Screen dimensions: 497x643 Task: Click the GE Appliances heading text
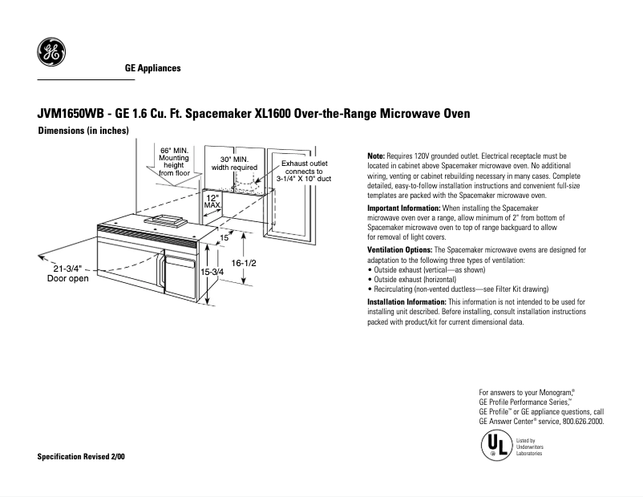pos(152,68)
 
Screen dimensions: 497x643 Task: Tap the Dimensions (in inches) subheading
pos(84,131)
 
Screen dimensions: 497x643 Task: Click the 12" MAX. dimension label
pos(212,201)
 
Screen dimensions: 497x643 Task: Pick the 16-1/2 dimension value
pos(243,263)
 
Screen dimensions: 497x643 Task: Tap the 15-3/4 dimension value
pos(212,273)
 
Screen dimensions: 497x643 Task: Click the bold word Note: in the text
pos(375,156)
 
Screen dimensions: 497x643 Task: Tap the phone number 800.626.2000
pos(582,421)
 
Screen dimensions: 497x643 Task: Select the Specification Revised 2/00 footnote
pos(81,457)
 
